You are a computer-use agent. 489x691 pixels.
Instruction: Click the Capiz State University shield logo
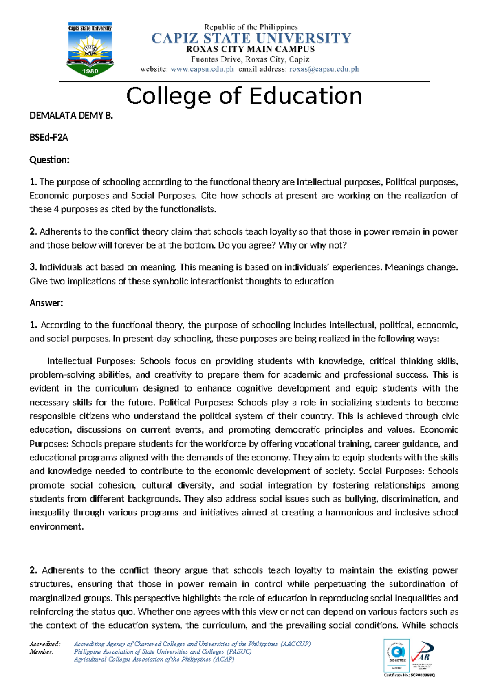90,50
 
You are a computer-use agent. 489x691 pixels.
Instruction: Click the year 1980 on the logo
90,71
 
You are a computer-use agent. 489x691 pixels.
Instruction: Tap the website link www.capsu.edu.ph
202,69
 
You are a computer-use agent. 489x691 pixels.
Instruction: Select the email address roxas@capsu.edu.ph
324,69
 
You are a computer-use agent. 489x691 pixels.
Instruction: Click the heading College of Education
244,96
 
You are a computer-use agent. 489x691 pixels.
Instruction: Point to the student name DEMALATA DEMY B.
71,116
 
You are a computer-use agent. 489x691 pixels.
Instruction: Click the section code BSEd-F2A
48,138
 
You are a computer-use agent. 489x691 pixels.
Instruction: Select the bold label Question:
49,160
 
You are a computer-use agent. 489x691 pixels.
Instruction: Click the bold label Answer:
46,303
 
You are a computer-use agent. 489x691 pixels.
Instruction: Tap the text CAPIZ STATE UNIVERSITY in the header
251,39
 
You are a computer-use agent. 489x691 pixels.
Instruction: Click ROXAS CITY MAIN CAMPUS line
250,49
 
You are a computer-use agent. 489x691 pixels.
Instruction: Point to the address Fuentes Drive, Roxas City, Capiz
250,59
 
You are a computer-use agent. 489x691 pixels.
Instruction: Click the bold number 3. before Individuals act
33,267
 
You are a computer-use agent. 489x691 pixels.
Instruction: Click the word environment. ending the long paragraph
56,526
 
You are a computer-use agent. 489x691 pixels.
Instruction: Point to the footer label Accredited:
45,644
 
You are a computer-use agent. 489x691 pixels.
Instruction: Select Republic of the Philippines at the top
251,27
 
